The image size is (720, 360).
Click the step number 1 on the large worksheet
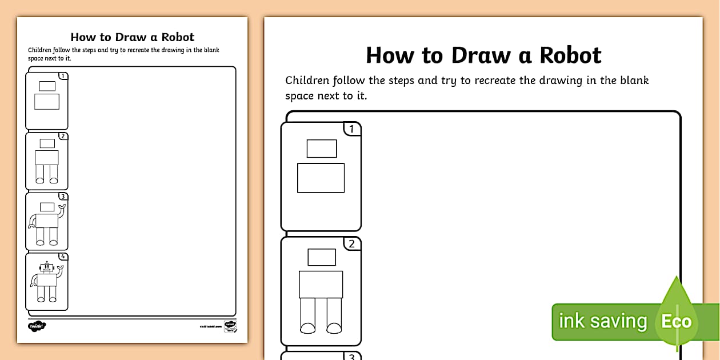351,129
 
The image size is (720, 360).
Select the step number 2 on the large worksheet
351,245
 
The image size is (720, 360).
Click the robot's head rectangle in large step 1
322,149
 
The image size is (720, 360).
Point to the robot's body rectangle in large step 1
321,178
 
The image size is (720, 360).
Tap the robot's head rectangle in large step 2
322,257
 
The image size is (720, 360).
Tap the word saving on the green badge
619,321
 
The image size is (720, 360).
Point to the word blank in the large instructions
631,80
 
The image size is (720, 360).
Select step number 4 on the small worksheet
63,257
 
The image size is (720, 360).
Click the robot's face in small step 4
47,267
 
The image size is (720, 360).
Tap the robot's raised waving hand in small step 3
62,207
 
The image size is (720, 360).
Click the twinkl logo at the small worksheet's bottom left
37,326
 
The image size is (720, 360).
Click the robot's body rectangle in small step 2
47,158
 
